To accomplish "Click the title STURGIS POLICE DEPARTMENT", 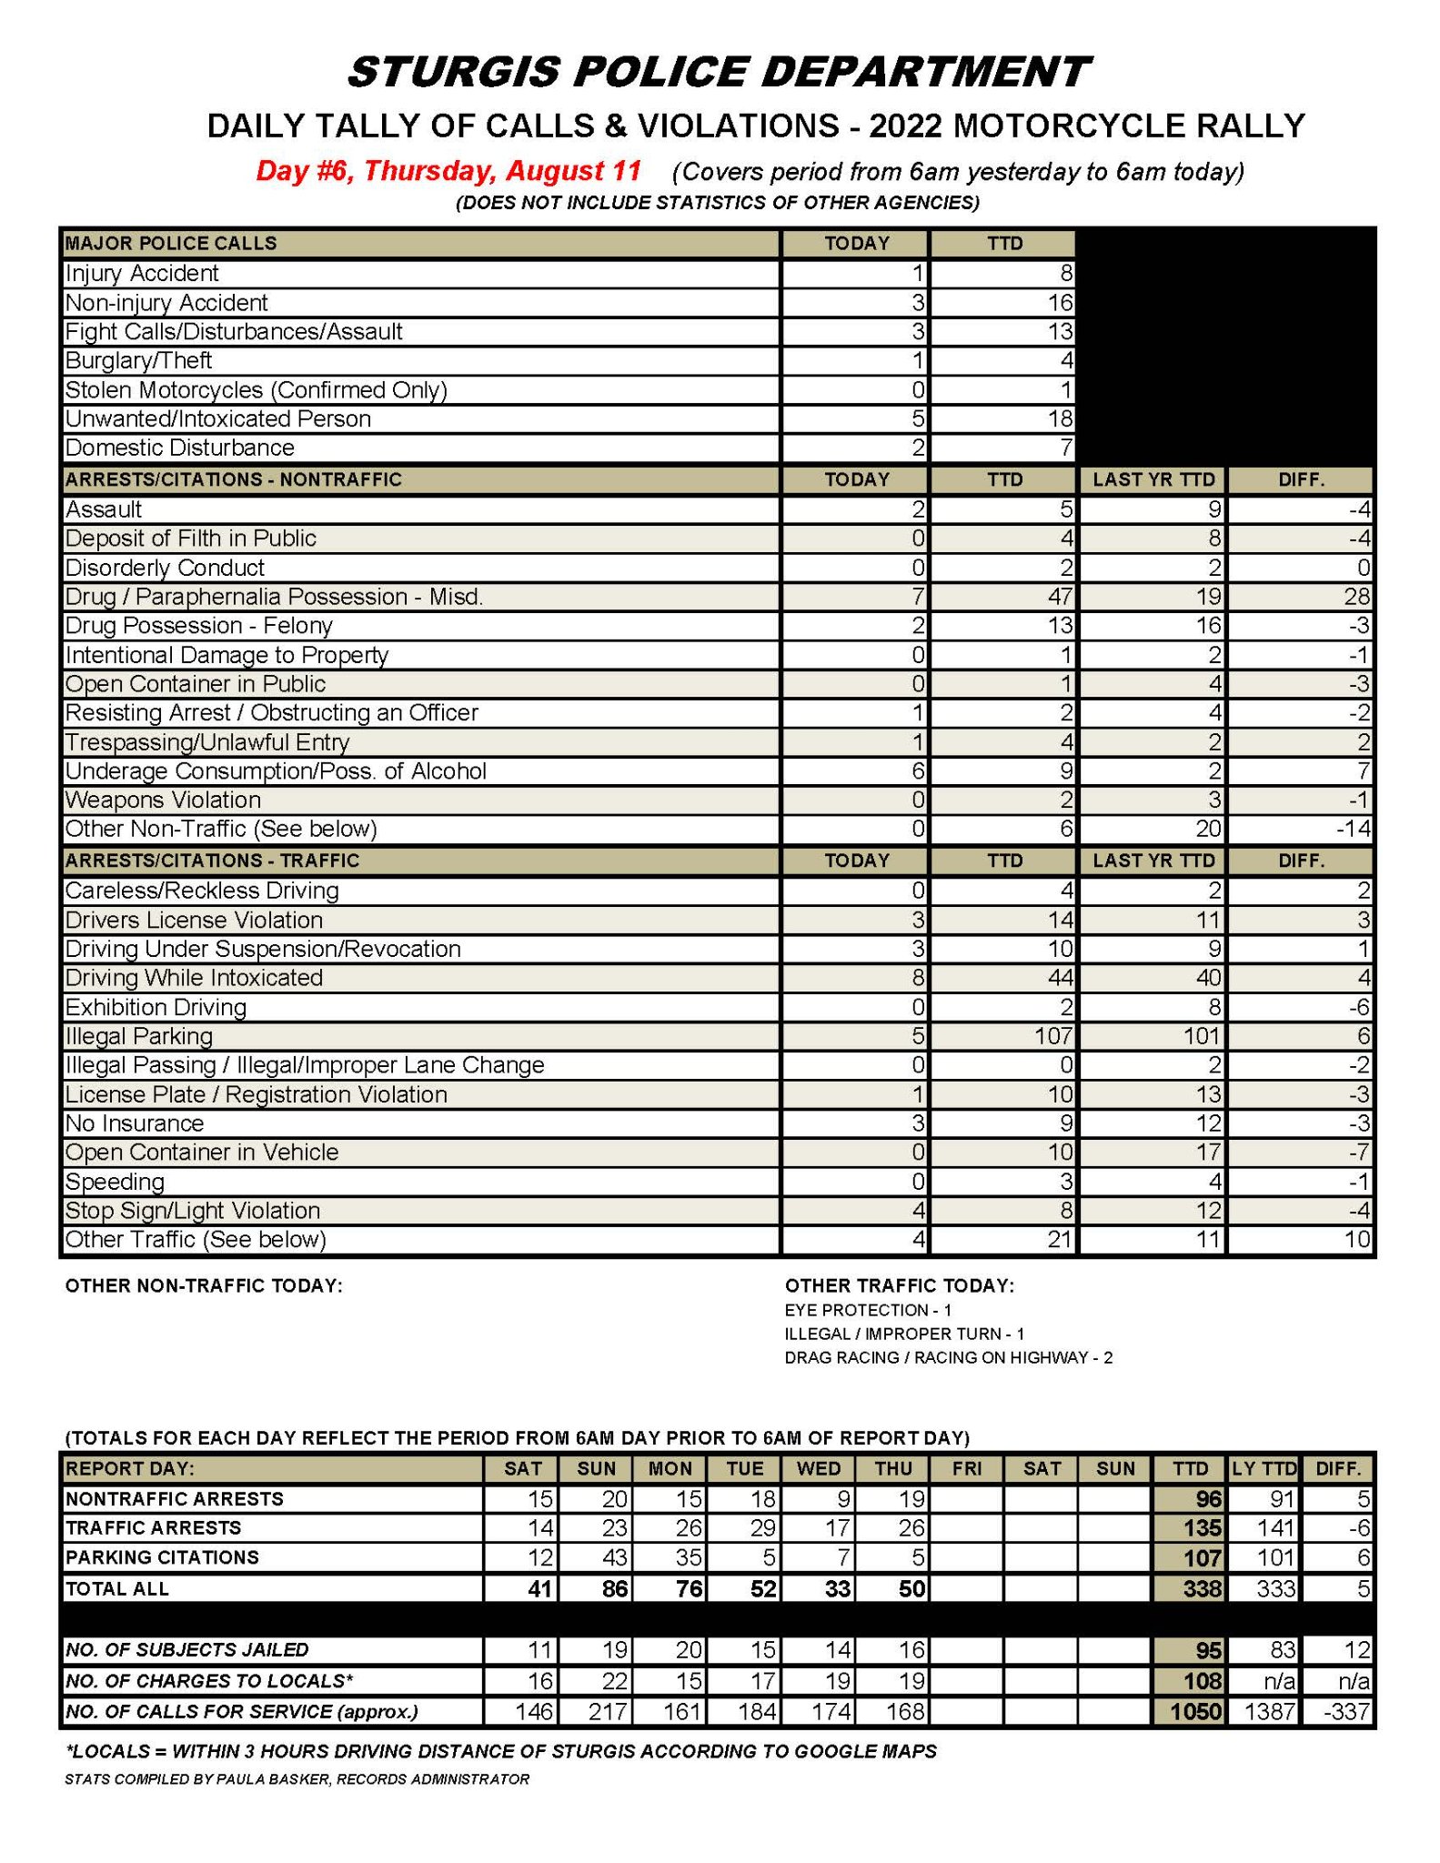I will pos(719,72).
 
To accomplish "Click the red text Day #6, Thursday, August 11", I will pos(448,171).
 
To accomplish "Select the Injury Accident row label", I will pos(142,274).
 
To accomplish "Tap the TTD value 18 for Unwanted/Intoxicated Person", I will pos(1059,419).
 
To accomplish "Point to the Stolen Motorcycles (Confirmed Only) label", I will pos(256,390).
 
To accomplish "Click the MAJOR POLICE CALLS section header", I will pos(171,244).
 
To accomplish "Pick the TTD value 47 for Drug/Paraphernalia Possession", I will pos(1058,597).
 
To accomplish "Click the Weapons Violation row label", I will pos(163,801).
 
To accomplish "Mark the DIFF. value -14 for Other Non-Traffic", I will pos(1352,829).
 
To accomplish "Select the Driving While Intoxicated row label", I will pos(194,978).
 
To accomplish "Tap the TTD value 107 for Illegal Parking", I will pos(1052,1036).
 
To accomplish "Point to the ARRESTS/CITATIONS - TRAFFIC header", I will pos(212,861).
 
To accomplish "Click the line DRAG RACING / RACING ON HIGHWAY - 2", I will pos(948,1357).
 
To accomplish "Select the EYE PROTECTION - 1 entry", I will pos(868,1310).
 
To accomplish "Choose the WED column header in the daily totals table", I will pos(819,1468).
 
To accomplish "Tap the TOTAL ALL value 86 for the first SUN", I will pos(615,1589).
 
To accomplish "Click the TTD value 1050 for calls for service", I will pos(1195,1711).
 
